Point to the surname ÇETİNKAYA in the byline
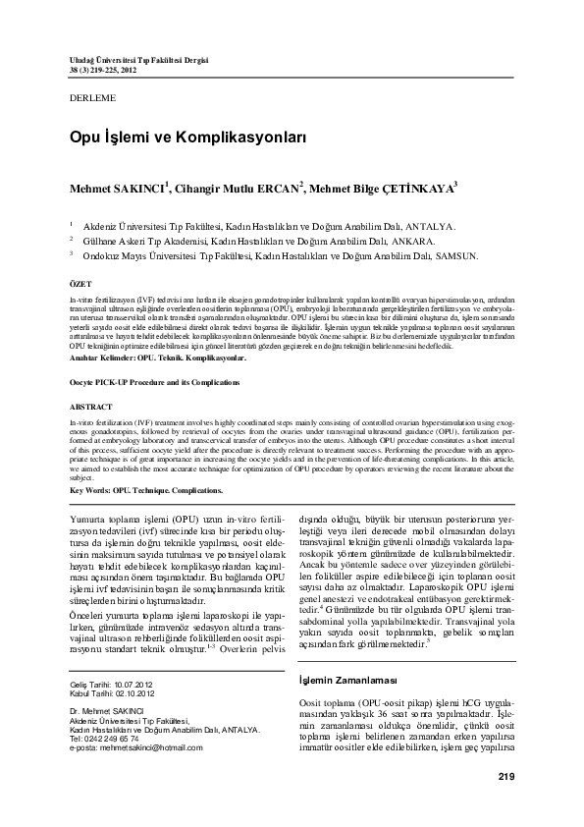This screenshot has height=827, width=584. click(360, 188)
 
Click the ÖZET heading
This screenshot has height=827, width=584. click(80, 283)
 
